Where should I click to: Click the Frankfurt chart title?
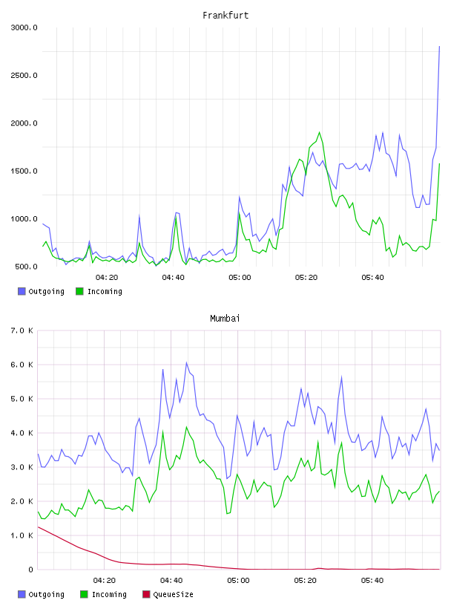click(225, 16)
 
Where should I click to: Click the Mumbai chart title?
click(225, 319)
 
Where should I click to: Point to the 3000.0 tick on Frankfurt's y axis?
click(24, 27)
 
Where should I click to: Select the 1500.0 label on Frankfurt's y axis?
click(24, 172)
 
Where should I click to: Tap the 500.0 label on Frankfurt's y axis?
click(26, 267)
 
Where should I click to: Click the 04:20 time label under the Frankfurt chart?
click(107, 278)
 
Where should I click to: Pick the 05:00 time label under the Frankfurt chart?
click(240, 278)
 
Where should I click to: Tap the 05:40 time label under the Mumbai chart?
click(372, 581)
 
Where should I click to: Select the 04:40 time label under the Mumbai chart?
click(171, 581)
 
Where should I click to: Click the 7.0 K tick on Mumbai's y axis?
click(22, 330)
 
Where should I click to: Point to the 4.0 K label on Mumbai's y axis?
click(22, 433)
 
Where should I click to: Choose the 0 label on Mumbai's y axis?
click(31, 570)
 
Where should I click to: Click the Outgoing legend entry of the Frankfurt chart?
click(41, 291)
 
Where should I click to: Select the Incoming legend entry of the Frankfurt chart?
click(99, 291)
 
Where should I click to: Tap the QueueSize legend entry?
click(168, 594)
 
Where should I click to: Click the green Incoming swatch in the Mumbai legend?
click(84, 594)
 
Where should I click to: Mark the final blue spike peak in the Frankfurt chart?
click(439, 46)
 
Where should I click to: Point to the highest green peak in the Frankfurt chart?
click(319, 132)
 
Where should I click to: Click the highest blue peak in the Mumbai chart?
click(186, 362)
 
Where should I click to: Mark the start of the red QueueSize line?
click(38, 527)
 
